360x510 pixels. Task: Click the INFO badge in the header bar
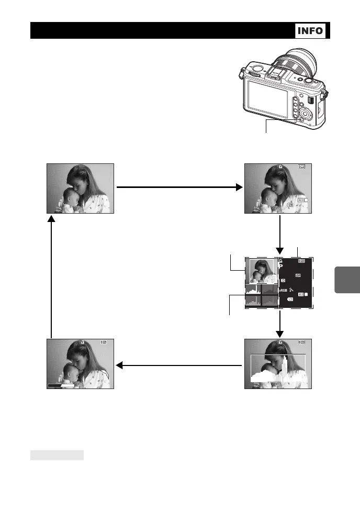311,31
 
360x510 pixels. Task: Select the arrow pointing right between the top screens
178,186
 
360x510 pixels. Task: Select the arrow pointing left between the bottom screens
178,365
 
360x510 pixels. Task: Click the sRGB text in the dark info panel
283,290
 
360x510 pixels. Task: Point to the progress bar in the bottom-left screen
61,385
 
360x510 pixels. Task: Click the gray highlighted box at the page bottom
57,454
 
